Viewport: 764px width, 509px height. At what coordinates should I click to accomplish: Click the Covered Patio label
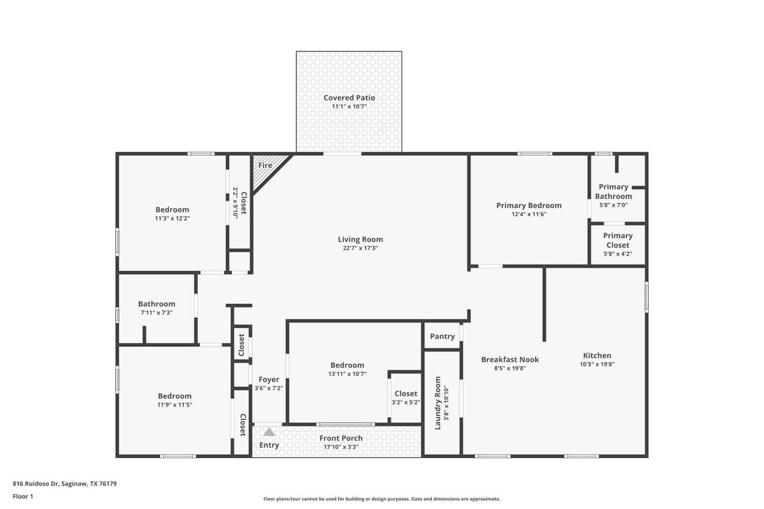[349, 98]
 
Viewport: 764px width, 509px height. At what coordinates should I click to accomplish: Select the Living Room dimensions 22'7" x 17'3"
[360, 249]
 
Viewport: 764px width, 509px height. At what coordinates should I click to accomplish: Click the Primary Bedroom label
[528, 206]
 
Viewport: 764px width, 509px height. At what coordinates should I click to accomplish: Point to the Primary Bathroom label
[614, 192]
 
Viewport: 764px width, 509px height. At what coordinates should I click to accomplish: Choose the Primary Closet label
[618, 240]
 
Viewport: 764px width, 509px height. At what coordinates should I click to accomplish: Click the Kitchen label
[597, 356]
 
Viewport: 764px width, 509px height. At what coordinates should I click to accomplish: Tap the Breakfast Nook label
[510, 359]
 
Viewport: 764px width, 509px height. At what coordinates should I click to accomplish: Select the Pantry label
[442, 337]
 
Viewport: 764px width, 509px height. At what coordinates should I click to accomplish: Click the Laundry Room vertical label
[437, 403]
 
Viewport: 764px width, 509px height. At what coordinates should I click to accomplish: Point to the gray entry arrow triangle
[269, 432]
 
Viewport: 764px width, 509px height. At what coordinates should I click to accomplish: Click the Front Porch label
[341, 438]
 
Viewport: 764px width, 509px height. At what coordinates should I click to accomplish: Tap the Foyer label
[269, 380]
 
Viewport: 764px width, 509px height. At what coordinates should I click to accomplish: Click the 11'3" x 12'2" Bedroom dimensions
[172, 218]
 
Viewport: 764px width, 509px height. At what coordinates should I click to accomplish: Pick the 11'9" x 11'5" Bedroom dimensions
[174, 405]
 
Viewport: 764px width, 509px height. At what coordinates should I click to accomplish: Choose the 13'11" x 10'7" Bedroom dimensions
[347, 374]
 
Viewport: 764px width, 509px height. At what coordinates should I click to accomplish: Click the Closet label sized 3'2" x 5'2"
[406, 394]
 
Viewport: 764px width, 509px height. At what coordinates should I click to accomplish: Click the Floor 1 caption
[23, 496]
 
